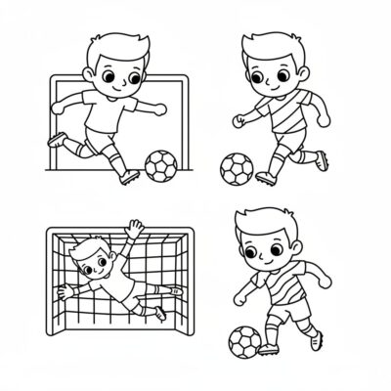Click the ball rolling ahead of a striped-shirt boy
pyautogui.click(x=235, y=168)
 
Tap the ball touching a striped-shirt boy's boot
pyautogui.click(x=244, y=340)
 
